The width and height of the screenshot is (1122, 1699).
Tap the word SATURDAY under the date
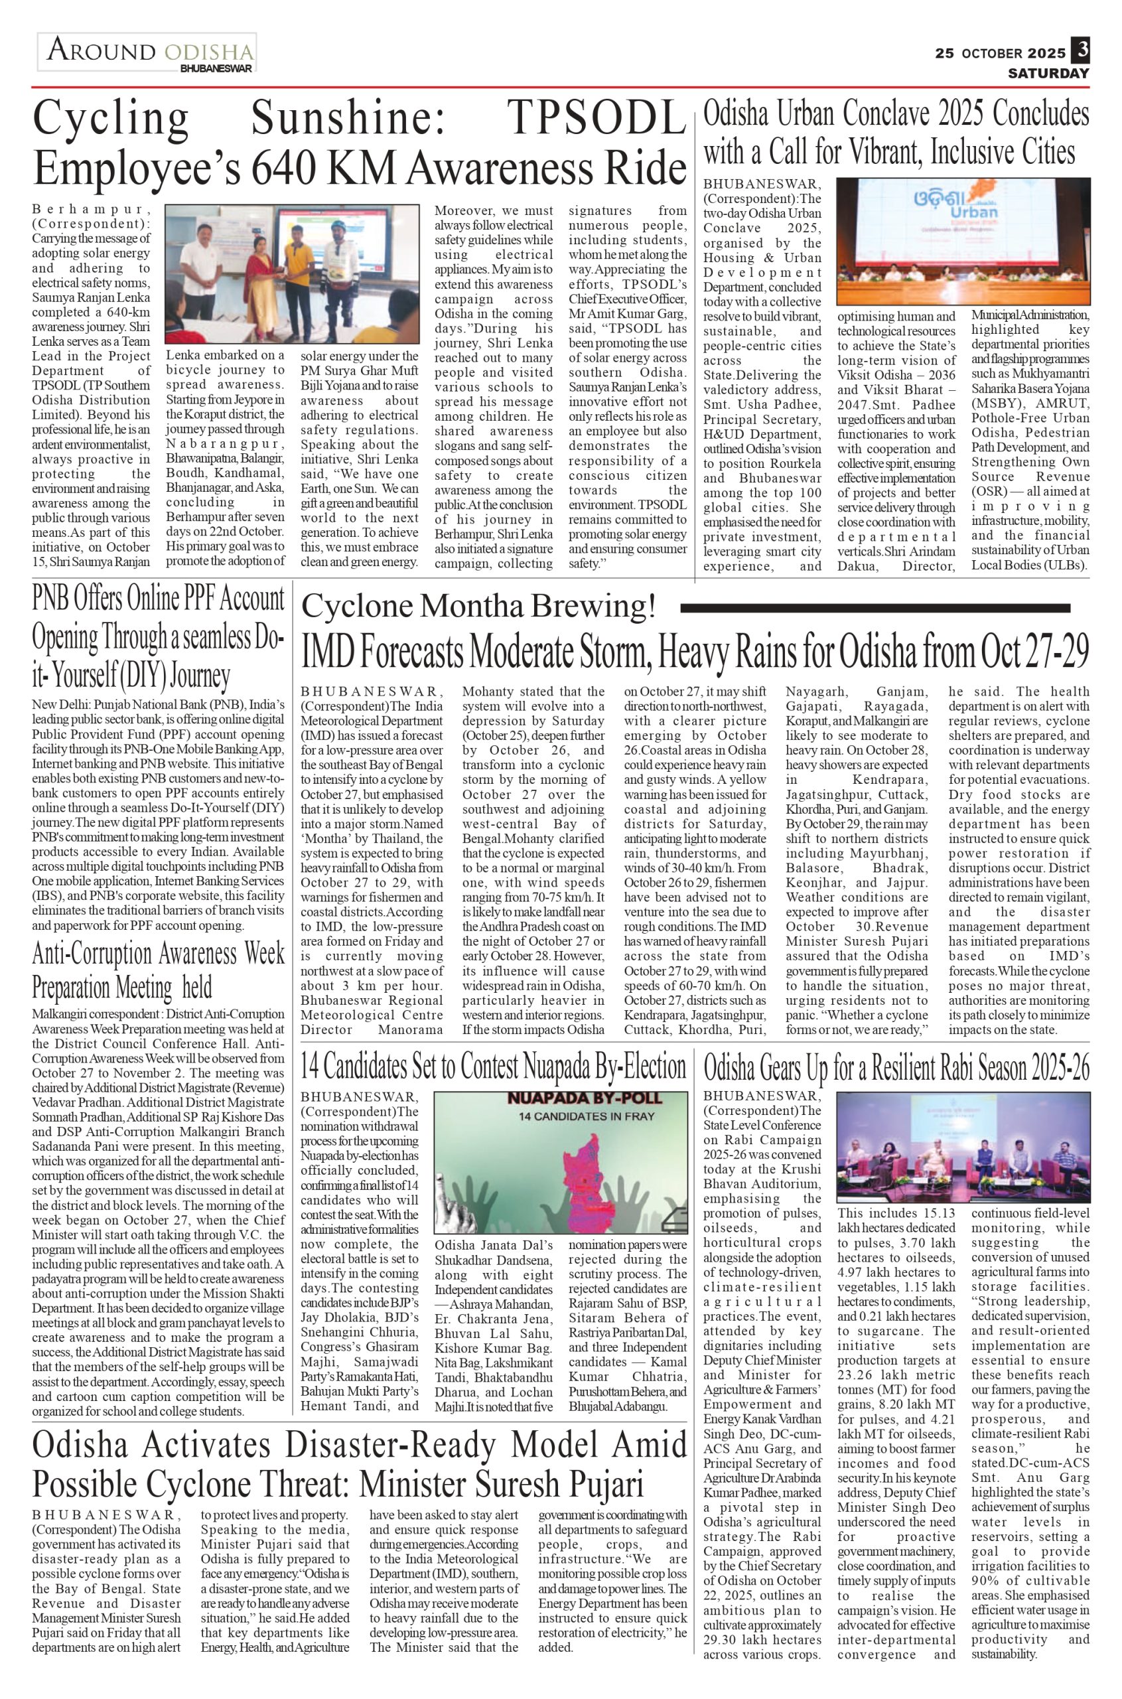point(1048,73)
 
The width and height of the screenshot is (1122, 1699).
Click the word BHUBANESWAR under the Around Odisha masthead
point(216,69)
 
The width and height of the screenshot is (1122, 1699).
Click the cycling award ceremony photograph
point(292,274)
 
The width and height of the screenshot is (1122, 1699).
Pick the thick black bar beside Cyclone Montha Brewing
point(875,609)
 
